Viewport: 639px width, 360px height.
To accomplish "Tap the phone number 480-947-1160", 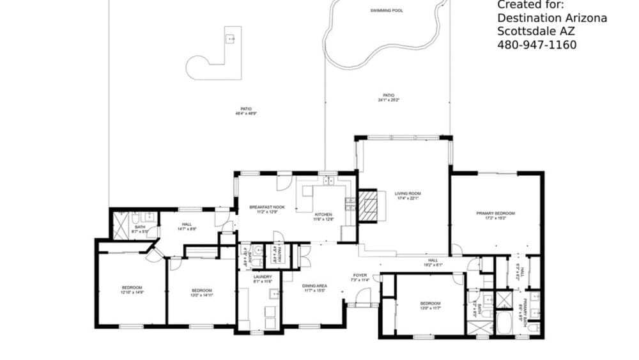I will (537, 45).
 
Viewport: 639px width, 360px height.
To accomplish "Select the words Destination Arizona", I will (552, 18).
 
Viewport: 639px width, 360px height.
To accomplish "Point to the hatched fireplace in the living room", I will (367, 207).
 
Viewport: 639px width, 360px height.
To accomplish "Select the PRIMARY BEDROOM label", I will (495, 214).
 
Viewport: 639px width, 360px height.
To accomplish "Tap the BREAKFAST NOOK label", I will (267, 207).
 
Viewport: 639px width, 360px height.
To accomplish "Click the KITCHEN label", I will (323, 214).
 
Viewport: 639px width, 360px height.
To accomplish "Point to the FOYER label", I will (360, 276).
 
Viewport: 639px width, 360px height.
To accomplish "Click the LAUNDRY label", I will (263, 277).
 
